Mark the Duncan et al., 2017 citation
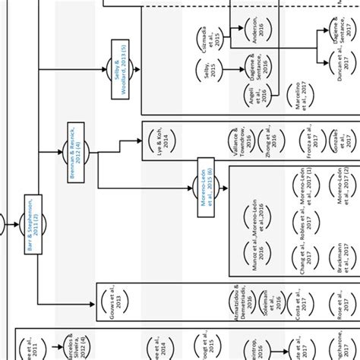(x=336, y=72)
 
